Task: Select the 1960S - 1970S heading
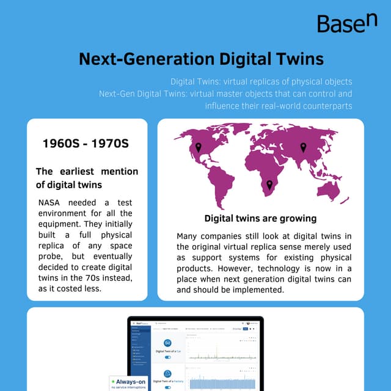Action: [x=86, y=144]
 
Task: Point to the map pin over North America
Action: [x=198, y=147]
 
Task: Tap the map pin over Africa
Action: [x=269, y=185]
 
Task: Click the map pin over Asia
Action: [x=303, y=147]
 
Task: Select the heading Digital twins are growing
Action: [x=260, y=218]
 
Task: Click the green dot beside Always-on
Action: [x=114, y=381]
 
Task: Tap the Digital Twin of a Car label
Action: [x=167, y=351]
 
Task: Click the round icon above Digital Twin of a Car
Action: [x=167, y=343]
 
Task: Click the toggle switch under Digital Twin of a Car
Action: [x=167, y=357]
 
